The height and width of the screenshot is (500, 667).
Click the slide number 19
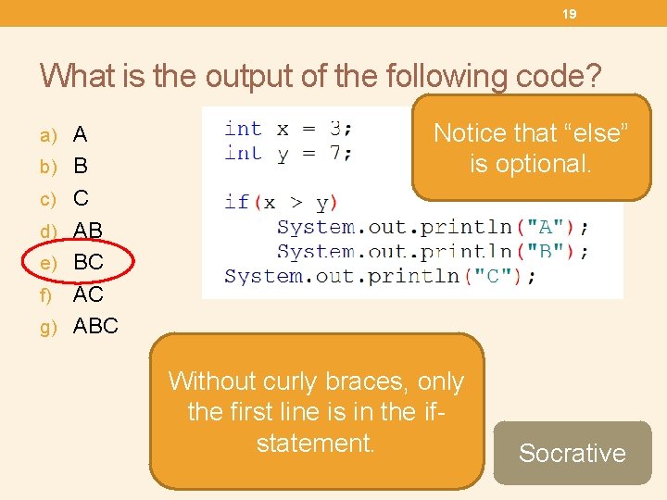pyautogui.click(x=570, y=14)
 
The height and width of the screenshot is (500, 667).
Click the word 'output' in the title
pyautogui.click(x=257, y=75)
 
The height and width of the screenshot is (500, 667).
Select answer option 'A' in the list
pyautogui.click(x=81, y=135)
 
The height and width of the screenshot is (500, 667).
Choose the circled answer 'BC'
pyautogui.click(x=88, y=262)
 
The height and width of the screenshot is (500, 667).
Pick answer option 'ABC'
pyautogui.click(x=95, y=326)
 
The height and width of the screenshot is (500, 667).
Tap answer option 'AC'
pyautogui.click(x=88, y=294)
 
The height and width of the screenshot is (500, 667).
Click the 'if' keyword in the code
pyautogui.click(x=236, y=202)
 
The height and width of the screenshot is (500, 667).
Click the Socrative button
pyautogui.click(x=572, y=453)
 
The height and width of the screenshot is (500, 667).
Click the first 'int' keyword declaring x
pyautogui.click(x=243, y=129)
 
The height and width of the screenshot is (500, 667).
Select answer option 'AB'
pyautogui.click(x=88, y=231)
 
